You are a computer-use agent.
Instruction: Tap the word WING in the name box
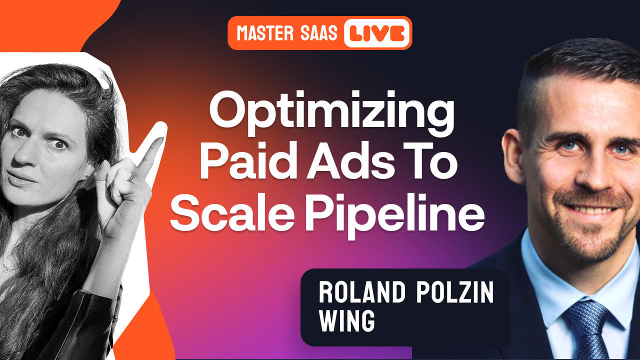tap(347, 321)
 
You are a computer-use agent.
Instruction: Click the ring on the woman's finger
tap(131, 176)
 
